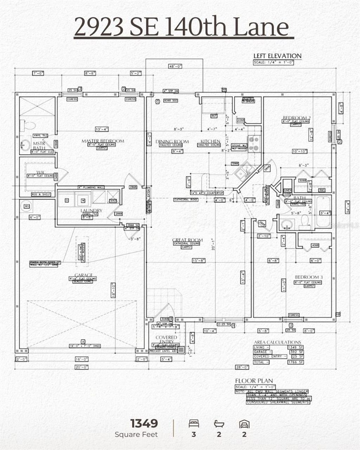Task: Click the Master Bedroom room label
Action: [103, 141]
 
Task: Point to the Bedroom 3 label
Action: [309, 277]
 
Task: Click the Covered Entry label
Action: [166, 340]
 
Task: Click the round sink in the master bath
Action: [25, 144]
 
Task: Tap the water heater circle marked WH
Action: [27, 206]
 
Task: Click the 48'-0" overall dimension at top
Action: [175, 66]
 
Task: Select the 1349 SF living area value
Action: [297, 347]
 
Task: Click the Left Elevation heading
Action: [277, 56]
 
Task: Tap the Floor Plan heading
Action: [254, 381]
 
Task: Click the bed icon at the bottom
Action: [194, 423]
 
